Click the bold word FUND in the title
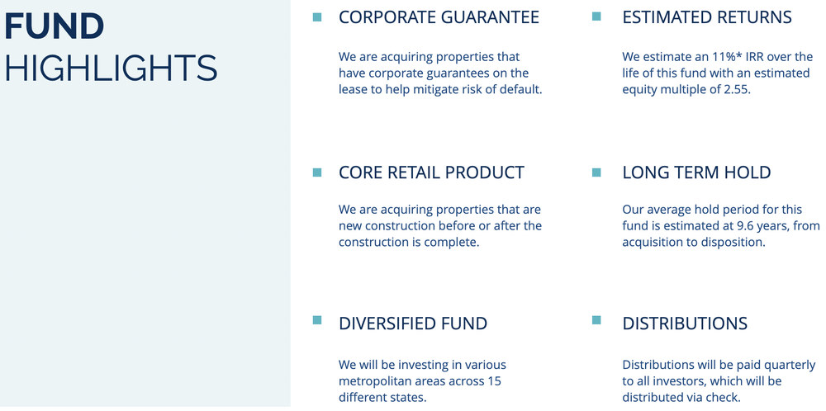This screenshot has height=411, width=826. [55, 26]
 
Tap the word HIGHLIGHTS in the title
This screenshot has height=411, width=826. [111, 68]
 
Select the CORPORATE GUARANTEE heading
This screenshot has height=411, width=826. [439, 17]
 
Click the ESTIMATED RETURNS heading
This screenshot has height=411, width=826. [706, 17]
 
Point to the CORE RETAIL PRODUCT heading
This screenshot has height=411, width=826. [431, 172]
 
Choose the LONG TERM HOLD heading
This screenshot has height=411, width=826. [696, 172]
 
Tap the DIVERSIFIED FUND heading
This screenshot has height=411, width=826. [413, 324]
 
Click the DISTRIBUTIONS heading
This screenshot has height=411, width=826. [685, 324]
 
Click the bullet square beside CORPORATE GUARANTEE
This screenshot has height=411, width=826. [317, 17]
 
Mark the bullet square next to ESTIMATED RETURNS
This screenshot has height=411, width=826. [596, 17]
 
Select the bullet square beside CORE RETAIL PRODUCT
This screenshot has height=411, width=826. [317, 172]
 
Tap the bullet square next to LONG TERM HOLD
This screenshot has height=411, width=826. [596, 172]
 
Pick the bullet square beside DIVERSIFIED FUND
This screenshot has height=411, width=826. [317, 321]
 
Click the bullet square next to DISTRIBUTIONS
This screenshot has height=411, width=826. [596, 321]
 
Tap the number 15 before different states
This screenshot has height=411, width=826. [494, 381]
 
